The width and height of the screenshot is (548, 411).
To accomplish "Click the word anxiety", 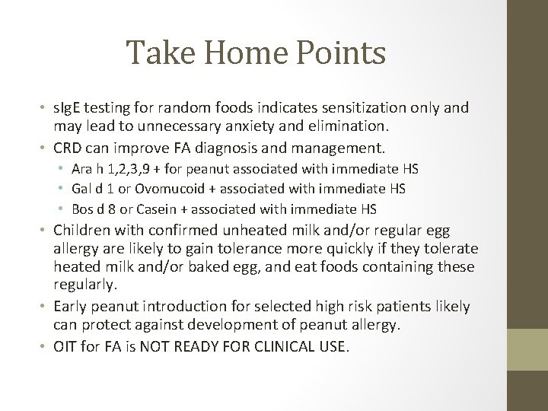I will pyautogui.click(x=231, y=126).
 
